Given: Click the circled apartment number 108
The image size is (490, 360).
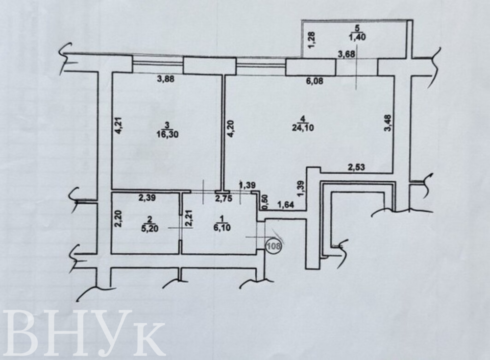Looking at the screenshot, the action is (274, 246).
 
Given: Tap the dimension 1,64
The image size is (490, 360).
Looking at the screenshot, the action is (286, 205).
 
